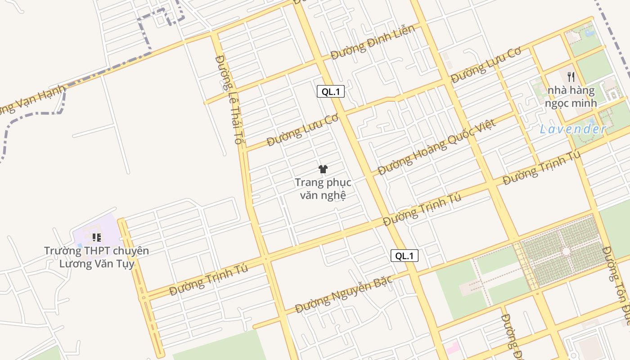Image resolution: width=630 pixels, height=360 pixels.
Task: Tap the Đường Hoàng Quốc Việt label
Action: (x=436, y=148)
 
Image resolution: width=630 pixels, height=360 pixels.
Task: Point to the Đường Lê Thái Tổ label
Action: (x=229, y=99)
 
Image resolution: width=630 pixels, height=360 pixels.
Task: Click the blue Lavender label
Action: (x=573, y=130)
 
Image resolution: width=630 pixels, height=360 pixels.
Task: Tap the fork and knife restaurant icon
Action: (x=571, y=77)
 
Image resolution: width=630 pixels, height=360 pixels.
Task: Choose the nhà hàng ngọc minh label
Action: (x=571, y=97)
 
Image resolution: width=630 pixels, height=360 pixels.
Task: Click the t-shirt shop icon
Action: (x=323, y=169)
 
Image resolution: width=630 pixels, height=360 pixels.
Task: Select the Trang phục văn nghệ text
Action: (x=323, y=189)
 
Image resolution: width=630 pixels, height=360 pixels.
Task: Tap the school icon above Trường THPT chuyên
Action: (x=96, y=237)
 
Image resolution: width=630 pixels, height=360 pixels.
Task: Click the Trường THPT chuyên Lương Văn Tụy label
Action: (x=96, y=257)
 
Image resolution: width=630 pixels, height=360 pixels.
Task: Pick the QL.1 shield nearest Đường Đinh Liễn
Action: (x=331, y=92)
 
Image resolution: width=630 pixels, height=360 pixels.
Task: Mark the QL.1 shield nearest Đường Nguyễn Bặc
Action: (x=404, y=256)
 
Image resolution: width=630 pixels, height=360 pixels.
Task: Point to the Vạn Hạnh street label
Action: (x=31, y=101)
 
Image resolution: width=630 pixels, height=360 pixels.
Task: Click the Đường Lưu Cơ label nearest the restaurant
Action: (x=486, y=65)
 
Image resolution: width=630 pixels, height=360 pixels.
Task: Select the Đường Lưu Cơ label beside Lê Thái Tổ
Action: (x=302, y=130)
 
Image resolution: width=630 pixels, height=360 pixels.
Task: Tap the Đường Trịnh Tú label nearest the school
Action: (x=209, y=280)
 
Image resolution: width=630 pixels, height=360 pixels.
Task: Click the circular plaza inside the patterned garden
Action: (x=566, y=251)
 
